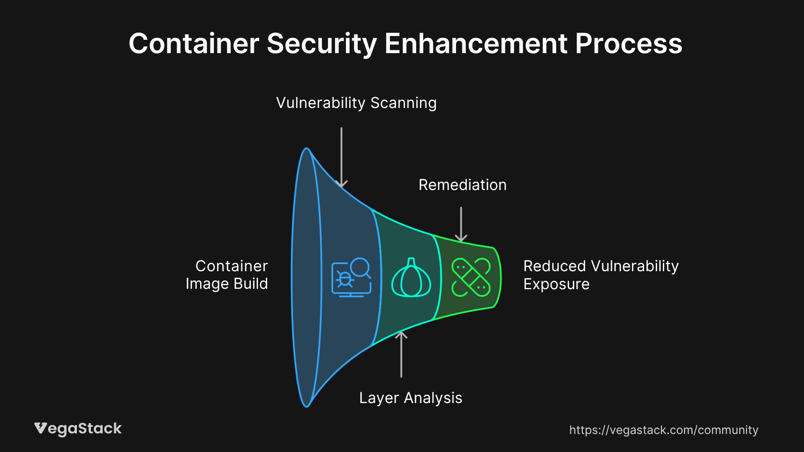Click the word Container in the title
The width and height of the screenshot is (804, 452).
[x=194, y=44]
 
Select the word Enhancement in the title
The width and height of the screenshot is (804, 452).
[x=476, y=44]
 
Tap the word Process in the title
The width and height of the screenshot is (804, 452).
[x=629, y=44]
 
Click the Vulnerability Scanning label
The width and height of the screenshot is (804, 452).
[x=356, y=103]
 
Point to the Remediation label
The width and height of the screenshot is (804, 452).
[x=462, y=185]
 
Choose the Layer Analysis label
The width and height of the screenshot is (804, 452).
[x=410, y=398]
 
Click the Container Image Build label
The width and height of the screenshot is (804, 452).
[x=227, y=275]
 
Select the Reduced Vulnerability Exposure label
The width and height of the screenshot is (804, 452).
[x=600, y=275]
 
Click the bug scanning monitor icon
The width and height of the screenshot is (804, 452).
[x=351, y=278]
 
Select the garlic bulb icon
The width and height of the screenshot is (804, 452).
[x=411, y=278]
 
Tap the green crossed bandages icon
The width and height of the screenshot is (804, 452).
[x=471, y=277]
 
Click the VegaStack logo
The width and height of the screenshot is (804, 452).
[x=78, y=429]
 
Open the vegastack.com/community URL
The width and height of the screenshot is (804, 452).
[x=664, y=430]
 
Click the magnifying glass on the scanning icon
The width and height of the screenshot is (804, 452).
[x=360, y=267]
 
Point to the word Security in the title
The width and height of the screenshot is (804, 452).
[x=322, y=44]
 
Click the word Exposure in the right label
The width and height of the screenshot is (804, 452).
[x=556, y=284]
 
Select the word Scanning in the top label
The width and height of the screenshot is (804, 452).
[x=403, y=103]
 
